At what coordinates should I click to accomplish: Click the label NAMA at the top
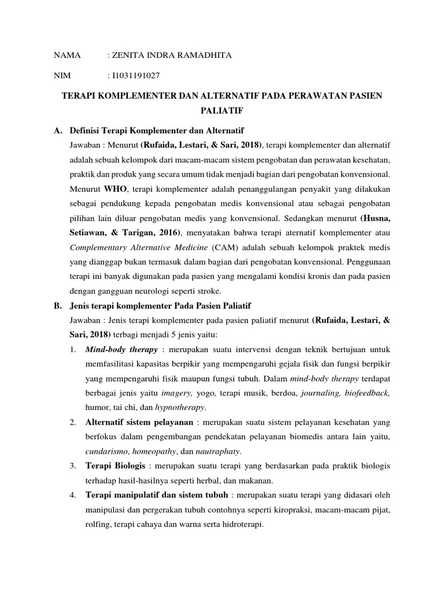(65, 55)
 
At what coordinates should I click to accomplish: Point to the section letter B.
(57, 305)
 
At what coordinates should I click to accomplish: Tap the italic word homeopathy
(159, 451)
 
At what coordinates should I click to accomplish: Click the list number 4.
(73, 495)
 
